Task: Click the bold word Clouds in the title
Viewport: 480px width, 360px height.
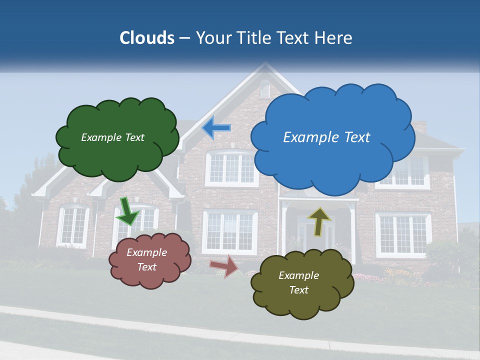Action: pyautogui.click(x=147, y=38)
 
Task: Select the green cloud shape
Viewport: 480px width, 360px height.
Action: pyautogui.click(x=117, y=137)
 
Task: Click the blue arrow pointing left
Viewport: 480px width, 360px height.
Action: pyautogui.click(x=216, y=128)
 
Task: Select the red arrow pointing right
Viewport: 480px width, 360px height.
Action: pyautogui.click(x=223, y=266)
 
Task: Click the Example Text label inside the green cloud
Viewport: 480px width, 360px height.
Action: pyautogui.click(x=112, y=137)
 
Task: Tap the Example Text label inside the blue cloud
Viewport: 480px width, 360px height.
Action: pyautogui.click(x=326, y=137)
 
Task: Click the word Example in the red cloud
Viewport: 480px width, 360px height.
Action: pyautogui.click(x=146, y=252)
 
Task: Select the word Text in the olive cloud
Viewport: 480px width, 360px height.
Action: pyautogui.click(x=298, y=290)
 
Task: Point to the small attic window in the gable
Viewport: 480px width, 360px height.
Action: pyautogui.click(x=264, y=89)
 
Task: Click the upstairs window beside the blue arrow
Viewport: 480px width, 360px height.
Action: pyautogui.click(x=231, y=168)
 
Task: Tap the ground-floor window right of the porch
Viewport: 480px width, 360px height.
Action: pyautogui.click(x=403, y=233)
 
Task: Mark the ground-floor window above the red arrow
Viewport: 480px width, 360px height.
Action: pyautogui.click(x=229, y=231)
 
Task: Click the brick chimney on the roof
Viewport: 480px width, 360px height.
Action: pyautogui.click(x=420, y=127)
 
